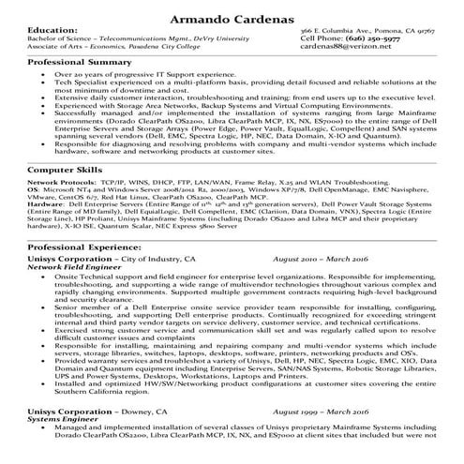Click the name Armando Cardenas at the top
(232, 17)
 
